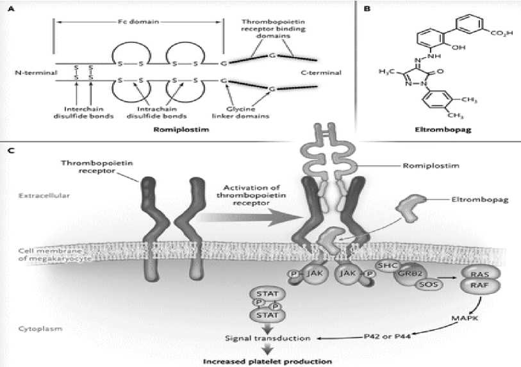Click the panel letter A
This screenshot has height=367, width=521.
click(8, 9)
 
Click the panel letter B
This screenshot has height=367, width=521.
click(367, 9)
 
